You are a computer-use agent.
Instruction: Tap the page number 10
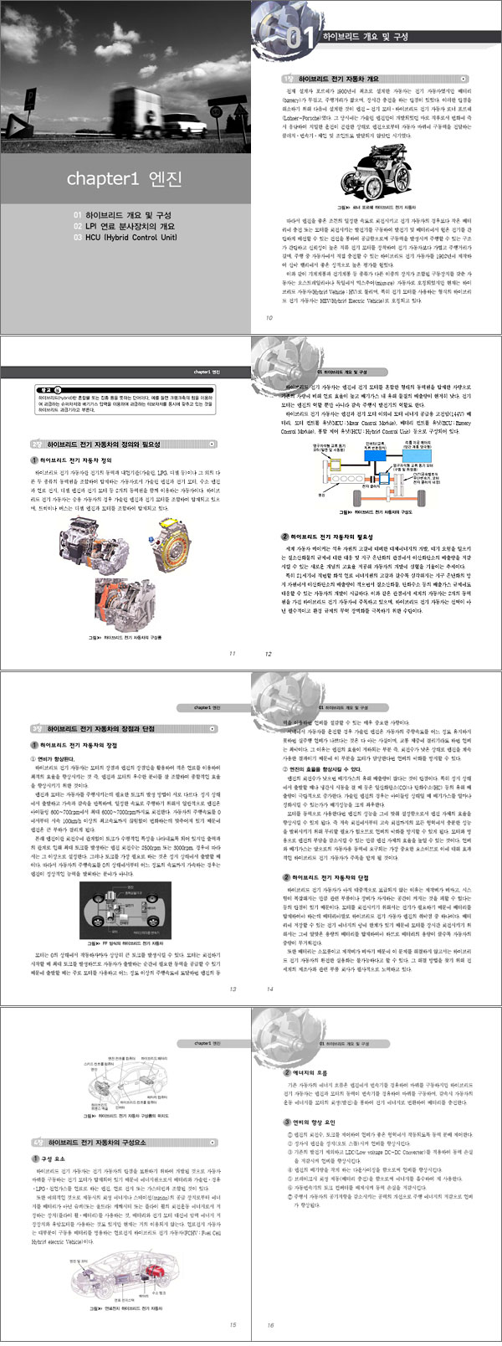(x=269, y=317)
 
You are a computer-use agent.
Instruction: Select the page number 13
(x=232, y=989)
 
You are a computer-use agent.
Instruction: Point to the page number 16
(x=269, y=1325)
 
